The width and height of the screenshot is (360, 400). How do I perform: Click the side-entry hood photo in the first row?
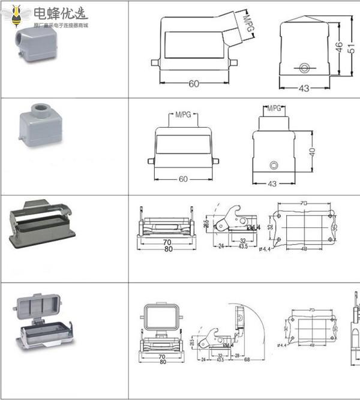(31, 46)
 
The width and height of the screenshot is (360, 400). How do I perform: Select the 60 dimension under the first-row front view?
(193, 84)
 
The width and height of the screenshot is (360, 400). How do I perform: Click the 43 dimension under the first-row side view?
(304, 89)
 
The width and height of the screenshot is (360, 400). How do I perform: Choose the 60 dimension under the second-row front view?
(182, 179)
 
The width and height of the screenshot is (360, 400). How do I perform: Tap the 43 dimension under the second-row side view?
(272, 184)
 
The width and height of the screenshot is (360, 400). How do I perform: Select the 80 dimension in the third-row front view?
(169, 249)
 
